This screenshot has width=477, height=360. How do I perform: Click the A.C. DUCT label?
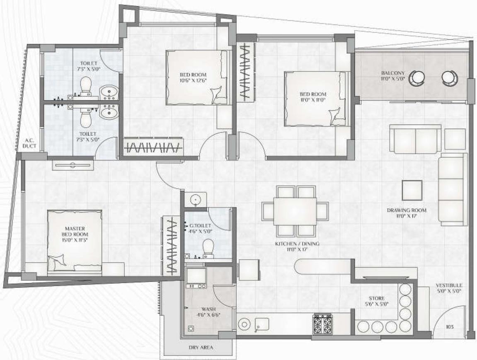coord(29,143)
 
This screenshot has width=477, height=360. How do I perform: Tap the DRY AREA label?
coord(201,348)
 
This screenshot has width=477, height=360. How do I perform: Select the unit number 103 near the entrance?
coord(450,327)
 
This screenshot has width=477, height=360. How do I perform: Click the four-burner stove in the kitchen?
coord(323,324)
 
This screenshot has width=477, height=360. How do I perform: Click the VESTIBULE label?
coord(448,286)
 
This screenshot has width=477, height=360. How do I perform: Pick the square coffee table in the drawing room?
coord(412,191)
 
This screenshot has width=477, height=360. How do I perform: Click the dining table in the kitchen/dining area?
coord(295,211)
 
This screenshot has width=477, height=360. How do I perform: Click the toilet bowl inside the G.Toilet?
coord(208,248)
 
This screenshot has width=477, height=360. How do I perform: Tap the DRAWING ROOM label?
coord(407,210)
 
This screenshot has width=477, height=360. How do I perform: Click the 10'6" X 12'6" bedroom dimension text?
coord(193,80)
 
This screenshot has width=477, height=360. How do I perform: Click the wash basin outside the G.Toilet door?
coord(196,200)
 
